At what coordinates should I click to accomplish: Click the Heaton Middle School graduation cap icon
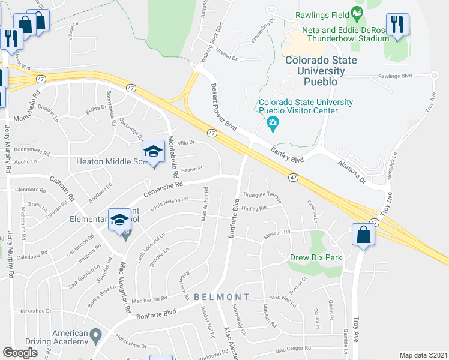[153, 151]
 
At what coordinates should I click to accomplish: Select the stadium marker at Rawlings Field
[357, 12]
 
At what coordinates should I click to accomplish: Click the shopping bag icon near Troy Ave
[364, 235]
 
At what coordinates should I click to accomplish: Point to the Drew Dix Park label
[316, 257]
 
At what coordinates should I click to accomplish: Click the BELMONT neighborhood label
[221, 297]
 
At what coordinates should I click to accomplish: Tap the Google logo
[20, 353]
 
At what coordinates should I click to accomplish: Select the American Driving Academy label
[61, 337]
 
